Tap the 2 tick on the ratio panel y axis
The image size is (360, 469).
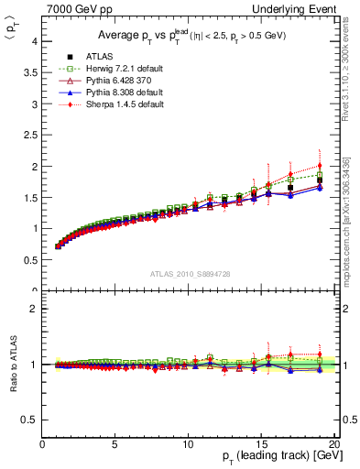pos(35,309)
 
